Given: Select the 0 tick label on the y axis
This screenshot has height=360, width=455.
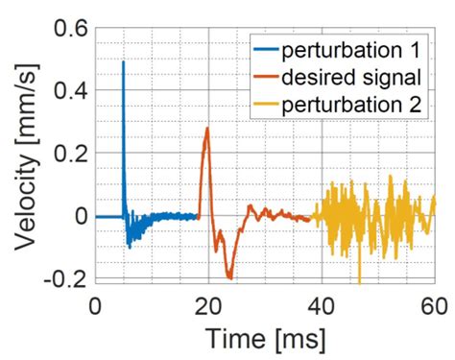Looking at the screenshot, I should tap(76, 217).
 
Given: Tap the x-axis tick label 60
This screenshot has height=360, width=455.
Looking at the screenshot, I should tap(434, 305).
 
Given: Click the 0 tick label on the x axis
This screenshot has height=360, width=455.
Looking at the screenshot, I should tap(94, 305).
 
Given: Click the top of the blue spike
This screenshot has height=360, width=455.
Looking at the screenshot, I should tap(123, 62).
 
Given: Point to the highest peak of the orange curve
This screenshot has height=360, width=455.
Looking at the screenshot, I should tap(206, 129).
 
